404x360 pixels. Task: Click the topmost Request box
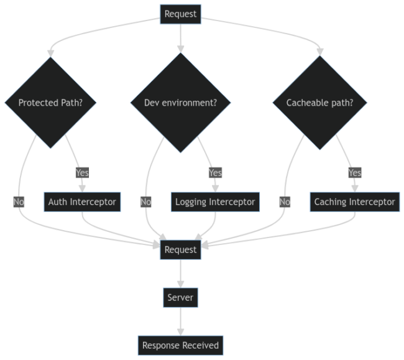tap(180, 14)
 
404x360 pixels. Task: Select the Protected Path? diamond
tap(50, 103)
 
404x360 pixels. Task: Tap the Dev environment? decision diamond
tap(180, 103)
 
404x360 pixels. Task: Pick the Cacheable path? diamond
tap(319, 103)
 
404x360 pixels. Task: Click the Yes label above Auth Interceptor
tap(81, 172)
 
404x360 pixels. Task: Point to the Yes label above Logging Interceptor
tap(215, 172)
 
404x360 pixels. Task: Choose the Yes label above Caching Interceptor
tap(354, 172)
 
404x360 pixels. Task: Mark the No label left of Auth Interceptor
tap(19, 201)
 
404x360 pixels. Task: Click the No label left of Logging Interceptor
tap(145, 201)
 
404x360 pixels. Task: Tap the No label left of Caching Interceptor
tap(285, 201)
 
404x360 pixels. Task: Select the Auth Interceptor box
tap(82, 201)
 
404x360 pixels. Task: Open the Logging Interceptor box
tap(215, 201)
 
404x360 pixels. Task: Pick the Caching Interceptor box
tap(354, 201)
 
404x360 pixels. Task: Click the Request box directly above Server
tap(180, 249)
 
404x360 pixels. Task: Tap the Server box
tap(180, 297)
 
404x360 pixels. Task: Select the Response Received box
tap(180, 345)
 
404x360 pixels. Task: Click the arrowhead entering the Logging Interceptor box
tap(215, 188)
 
